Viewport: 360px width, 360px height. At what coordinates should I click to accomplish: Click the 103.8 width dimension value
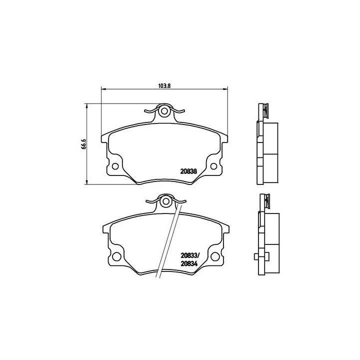tap(164, 85)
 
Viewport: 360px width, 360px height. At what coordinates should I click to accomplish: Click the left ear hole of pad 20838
tap(115, 167)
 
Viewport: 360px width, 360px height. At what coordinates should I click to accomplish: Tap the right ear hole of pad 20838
tap(214, 167)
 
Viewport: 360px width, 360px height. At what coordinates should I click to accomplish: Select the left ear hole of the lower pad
tap(115, 256)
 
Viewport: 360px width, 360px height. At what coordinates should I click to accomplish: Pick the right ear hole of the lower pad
tap(214, 256)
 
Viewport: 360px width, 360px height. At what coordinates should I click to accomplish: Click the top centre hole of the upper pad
tap(164, 111)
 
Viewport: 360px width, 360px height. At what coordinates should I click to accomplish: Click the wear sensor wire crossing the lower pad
tap(168, 240)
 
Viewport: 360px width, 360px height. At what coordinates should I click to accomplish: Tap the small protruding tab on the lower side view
tap(256, 257)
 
